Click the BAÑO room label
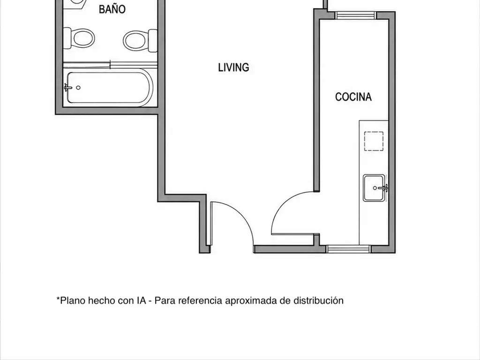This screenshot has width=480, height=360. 112,9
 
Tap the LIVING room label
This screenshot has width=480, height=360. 233,67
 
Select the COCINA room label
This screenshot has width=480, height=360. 353,97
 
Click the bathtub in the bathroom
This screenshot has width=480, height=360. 110,88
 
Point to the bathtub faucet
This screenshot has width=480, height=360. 68,88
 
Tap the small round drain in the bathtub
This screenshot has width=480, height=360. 78,88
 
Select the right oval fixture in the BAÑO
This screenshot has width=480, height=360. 140,40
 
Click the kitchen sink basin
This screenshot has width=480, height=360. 374,188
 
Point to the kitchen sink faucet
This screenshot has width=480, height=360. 383,187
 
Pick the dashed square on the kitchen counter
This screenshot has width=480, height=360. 374,141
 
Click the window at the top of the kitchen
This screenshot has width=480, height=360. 355,15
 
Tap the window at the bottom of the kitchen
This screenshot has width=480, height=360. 349,249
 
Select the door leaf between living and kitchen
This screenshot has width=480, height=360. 293,234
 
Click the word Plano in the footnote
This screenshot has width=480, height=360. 73,300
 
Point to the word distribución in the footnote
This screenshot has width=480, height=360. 318,300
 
